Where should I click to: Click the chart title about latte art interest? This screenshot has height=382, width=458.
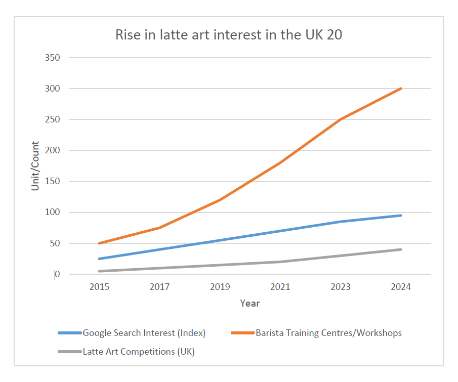click(229, 35)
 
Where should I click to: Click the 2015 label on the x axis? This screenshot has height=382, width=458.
click(100, 287)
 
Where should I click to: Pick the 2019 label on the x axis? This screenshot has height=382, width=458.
click(220, 287)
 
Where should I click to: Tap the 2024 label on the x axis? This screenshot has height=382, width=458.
click(401, 287)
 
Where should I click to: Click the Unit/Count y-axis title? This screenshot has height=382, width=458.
click(35, 166)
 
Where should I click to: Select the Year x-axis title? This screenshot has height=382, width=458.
click(250, 303)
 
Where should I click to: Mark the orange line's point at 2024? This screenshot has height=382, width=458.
click(401, 89)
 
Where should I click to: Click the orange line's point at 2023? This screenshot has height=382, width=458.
click(341, 119)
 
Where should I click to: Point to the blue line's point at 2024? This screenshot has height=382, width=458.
click(401, 216)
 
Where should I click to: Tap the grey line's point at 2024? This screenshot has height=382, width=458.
click(401, 249)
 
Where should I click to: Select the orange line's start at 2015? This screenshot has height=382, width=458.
click(100, 243)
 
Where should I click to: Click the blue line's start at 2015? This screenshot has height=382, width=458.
click(100, 259)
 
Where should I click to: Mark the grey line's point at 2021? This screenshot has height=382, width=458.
click(280, 262)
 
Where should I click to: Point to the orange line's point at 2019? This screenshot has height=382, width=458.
click(220, 200)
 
